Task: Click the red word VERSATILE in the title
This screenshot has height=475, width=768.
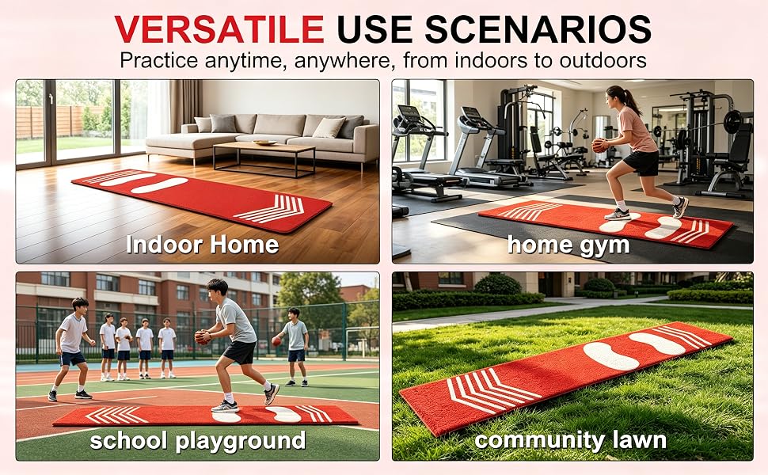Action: [219, 28]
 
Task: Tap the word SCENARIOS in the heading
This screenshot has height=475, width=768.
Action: [538, 28]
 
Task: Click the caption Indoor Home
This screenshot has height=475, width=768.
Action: [202, 245]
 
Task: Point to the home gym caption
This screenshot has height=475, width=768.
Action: [568, 245]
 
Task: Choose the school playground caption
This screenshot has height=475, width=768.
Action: [198, 440]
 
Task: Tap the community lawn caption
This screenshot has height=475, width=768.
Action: [571, 440]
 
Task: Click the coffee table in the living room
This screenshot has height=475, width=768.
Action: [264, 158]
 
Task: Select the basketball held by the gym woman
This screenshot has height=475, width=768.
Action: [599, 146]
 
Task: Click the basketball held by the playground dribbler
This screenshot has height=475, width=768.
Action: [202, 337]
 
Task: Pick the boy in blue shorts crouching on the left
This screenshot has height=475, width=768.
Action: [71, 348]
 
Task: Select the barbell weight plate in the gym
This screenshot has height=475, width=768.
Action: [732, 122]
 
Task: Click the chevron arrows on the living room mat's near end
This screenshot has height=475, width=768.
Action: [271, 209]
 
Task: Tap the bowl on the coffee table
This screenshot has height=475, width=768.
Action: [265, 142]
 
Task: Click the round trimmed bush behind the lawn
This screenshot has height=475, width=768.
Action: [498, 284]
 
